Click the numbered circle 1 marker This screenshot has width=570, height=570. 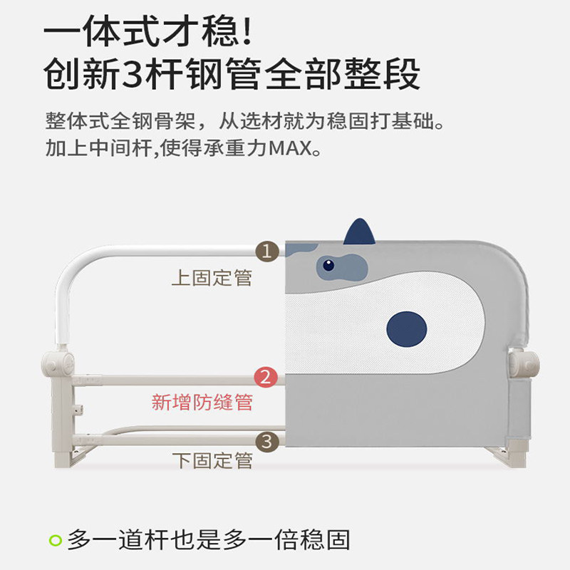point(266,251)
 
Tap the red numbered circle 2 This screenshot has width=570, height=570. point(266,377)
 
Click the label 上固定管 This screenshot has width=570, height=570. point(212,277)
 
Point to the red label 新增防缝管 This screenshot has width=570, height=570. point(202,403)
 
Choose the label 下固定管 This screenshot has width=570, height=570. point(212,460)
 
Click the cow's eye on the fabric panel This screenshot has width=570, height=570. point(328,266)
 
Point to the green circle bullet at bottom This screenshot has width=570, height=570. point(55,540)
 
